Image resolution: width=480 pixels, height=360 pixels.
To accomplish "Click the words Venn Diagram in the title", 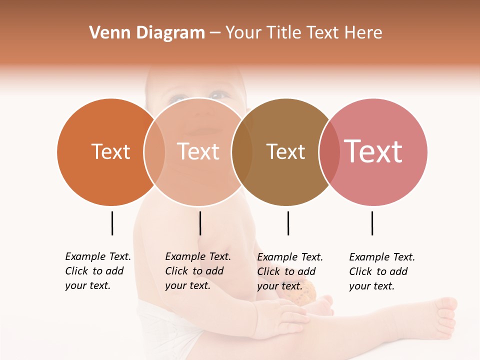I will [147, 33].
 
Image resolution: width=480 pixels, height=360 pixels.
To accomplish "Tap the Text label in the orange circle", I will [110, 152].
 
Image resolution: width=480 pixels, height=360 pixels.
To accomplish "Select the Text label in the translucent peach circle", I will [198, 152].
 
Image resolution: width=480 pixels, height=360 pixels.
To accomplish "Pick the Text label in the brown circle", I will [285, 152].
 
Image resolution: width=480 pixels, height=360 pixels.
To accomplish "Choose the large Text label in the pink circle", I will [373, 151].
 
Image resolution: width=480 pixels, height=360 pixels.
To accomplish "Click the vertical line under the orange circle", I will [112, 223].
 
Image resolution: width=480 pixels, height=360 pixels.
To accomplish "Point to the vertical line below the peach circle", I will [200, 223].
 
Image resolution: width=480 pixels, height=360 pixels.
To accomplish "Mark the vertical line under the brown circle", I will [288, 223].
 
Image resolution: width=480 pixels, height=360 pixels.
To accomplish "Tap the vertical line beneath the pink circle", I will [372, 223].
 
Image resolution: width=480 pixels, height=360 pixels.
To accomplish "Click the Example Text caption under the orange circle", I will [98, 271].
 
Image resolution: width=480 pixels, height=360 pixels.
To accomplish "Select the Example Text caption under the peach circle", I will [198, 271].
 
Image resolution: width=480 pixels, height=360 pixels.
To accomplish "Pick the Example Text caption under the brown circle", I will [290, 271].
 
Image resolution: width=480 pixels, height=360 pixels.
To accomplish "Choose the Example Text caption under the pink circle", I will [382, 271].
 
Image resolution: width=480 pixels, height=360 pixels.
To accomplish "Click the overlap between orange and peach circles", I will [154, 152].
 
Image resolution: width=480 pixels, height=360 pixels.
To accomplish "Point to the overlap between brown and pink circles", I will [329, 152].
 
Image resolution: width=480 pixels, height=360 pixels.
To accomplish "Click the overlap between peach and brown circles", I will [242, 152].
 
